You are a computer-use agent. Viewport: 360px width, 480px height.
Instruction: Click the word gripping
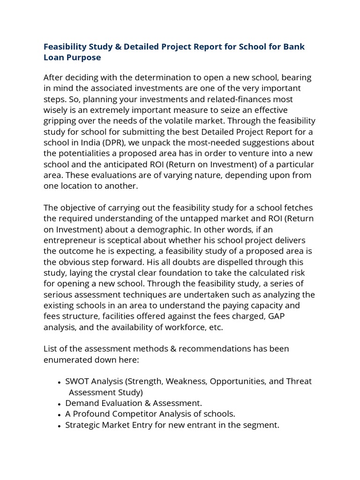[x=61, y=121]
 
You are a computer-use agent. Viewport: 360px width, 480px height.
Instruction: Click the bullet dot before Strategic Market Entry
[x=59, y=426]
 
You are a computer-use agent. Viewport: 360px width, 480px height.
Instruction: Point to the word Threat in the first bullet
[x=299, y=381]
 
